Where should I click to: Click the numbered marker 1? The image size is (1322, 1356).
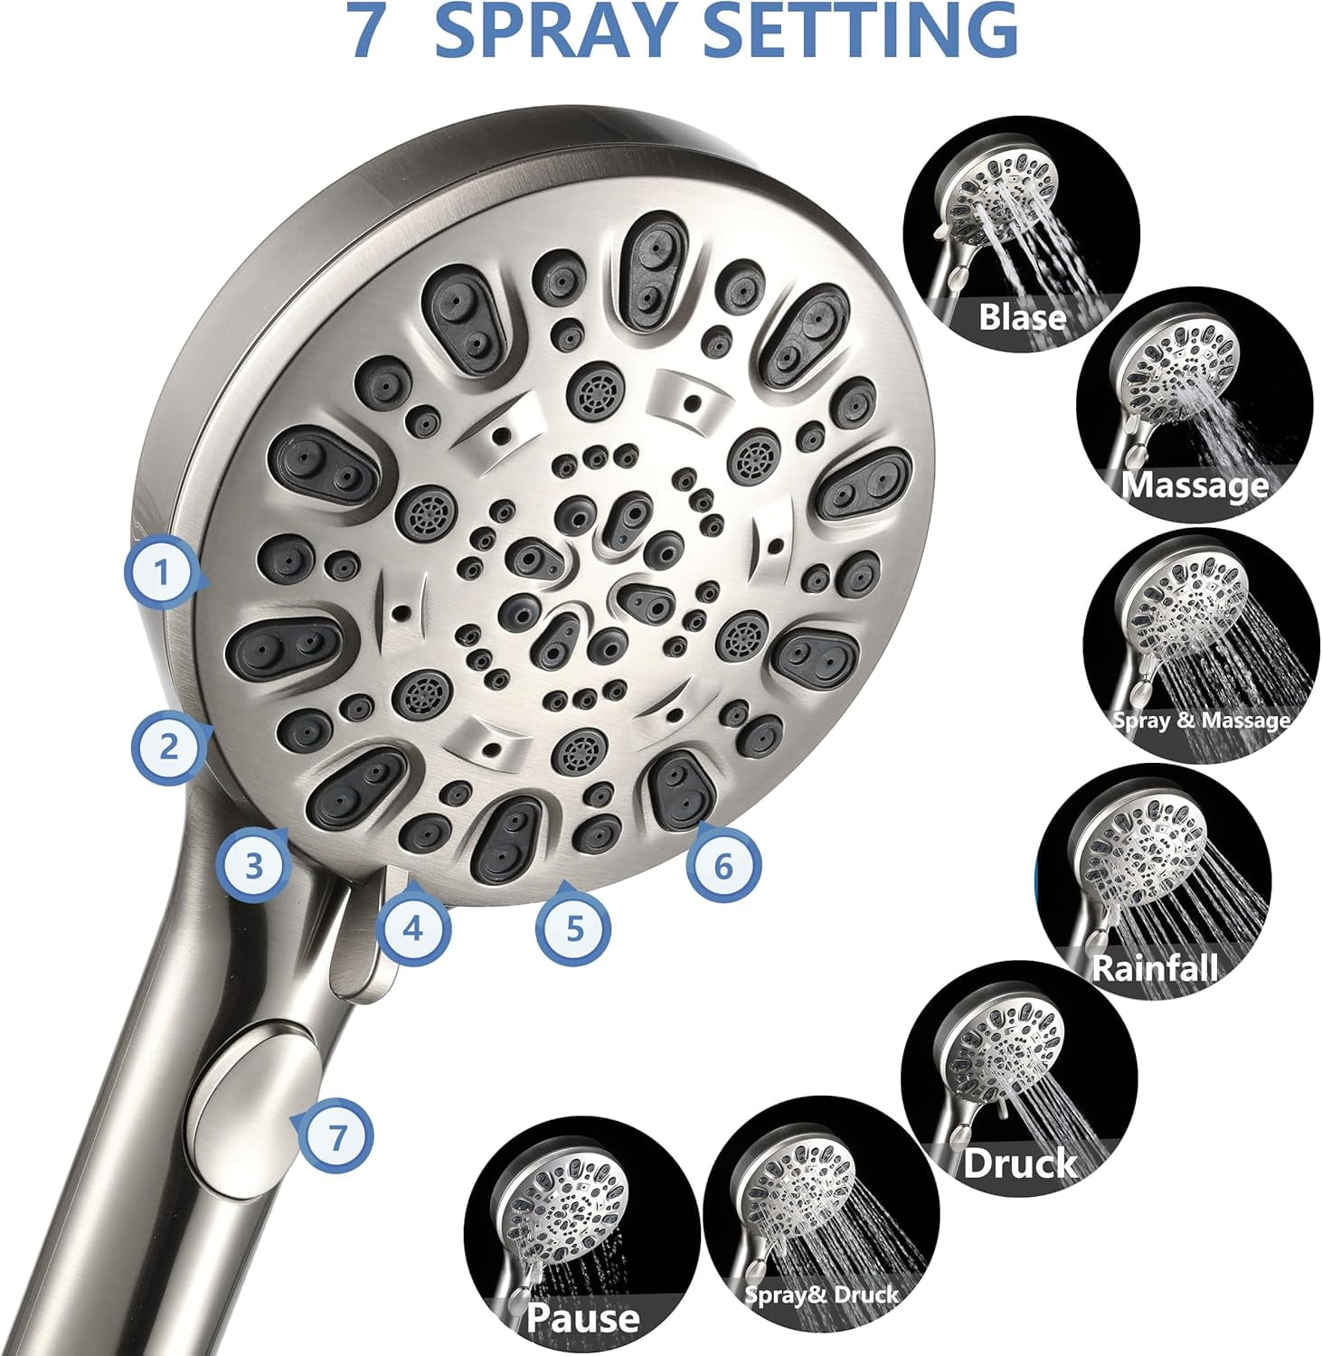coord(162,573)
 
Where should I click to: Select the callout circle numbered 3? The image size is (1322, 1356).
coord(254,866)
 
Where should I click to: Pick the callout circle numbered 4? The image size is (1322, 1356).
coord(413,928)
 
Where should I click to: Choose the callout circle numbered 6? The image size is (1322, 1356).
coord(722,866)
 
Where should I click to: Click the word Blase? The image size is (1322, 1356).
coord(1023,317)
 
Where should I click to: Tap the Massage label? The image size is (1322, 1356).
coord(1195,485)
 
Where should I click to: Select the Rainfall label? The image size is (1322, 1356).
coord(1155,967)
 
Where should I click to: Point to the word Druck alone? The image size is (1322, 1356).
coord(1019,1163)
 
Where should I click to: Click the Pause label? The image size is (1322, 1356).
coord(582,1317)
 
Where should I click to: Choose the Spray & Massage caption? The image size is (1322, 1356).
coord(1201,720)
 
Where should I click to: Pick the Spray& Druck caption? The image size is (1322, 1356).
coord(821,1295)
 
